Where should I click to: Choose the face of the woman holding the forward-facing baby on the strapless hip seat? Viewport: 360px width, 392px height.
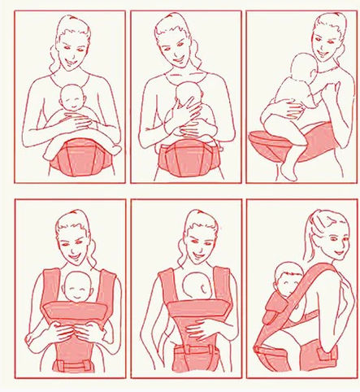click(x=72, y=50)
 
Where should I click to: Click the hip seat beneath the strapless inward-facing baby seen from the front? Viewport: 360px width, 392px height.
click(x=189, y=156)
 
